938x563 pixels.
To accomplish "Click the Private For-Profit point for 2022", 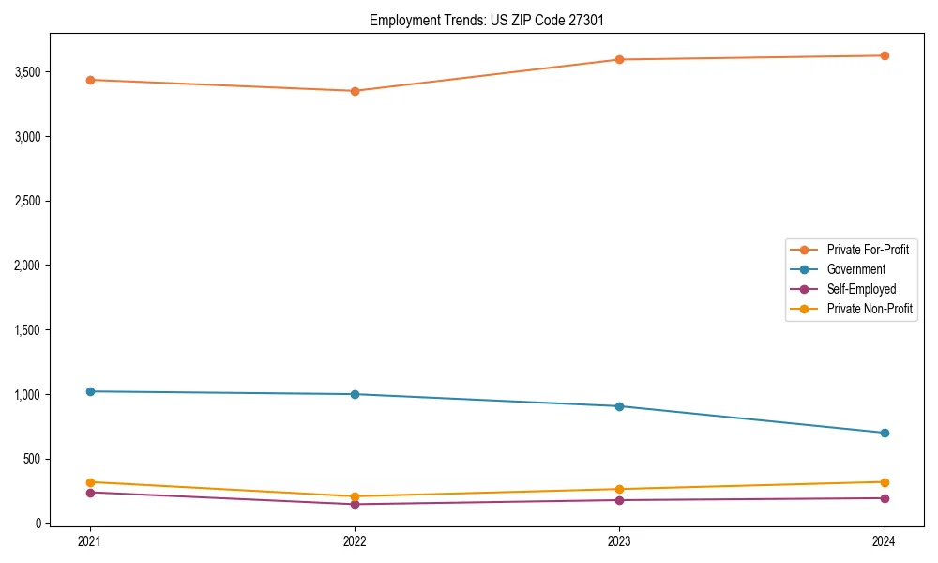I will click(x=355, y=91).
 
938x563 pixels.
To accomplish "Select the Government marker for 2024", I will click(x=884, y=433).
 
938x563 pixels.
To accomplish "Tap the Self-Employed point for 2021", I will click(x=90, y=493).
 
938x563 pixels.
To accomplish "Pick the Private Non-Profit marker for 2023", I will click(x=619, y=489).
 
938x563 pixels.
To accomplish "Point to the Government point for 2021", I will click(x=90, y=391).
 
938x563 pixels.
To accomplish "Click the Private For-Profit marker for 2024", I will click(x=884, y=55).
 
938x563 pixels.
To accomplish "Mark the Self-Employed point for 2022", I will click(x=355, y=504).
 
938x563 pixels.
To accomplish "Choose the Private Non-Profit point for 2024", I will click(x=884, y=482).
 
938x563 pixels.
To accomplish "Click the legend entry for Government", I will click(x=855, y=269).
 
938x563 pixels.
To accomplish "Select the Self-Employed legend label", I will click(x=861, y=289).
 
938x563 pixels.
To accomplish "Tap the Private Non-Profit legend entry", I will click(x=870, y=309).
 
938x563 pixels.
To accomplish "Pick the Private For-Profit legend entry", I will click(x=868, y=250).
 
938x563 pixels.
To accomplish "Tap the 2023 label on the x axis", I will click(x=619, y=540).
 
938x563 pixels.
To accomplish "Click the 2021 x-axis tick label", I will click(x=90, y=540).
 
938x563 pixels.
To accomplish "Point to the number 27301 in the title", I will click(x=587, y=20).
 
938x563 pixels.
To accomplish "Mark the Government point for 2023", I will click(x=619, y=406).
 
